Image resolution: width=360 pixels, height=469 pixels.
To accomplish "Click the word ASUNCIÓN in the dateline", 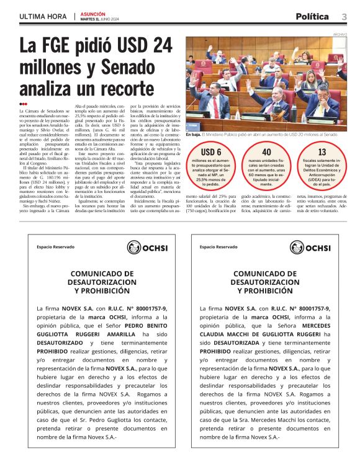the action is point(93,12).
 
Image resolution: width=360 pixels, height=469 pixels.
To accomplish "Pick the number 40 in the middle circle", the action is point(266,152).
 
